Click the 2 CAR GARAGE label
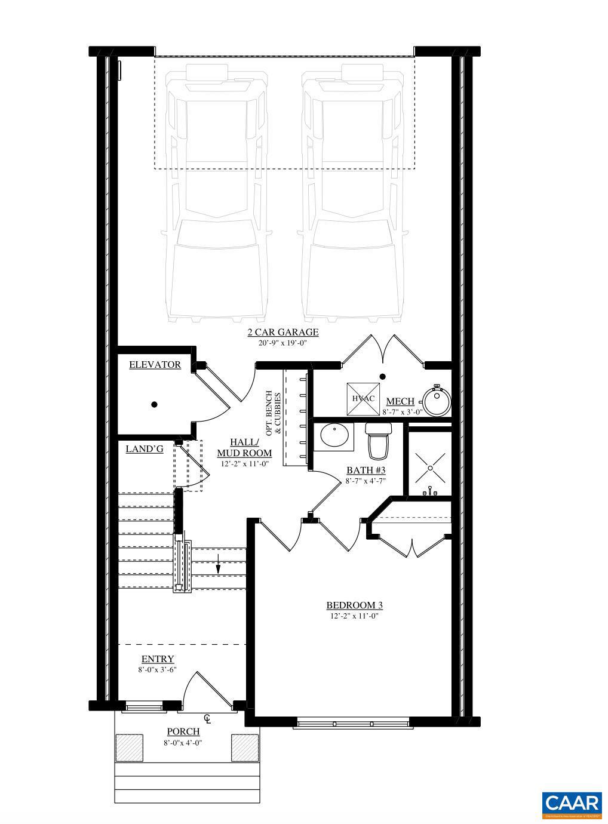(x=283, y=333)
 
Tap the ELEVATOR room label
(x=155, y=365)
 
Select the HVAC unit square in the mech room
(x=363, y=398)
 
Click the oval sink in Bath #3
(x=336, y=436)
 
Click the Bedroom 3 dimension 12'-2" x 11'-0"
(x=354, y=616)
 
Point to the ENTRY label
(x=158, y=659)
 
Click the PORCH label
(x=183, y=731)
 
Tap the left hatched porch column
(x=129, y=747)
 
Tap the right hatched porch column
(x=245, y=747)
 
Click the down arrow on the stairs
(x=219, y=564)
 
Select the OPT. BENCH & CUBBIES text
(x=274, y=412)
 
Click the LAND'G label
(x=145, y=449)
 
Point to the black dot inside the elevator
(x=154, y=404)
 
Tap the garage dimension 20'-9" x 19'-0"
(x=283, y=343)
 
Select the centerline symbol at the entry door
(x=207, y=718)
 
